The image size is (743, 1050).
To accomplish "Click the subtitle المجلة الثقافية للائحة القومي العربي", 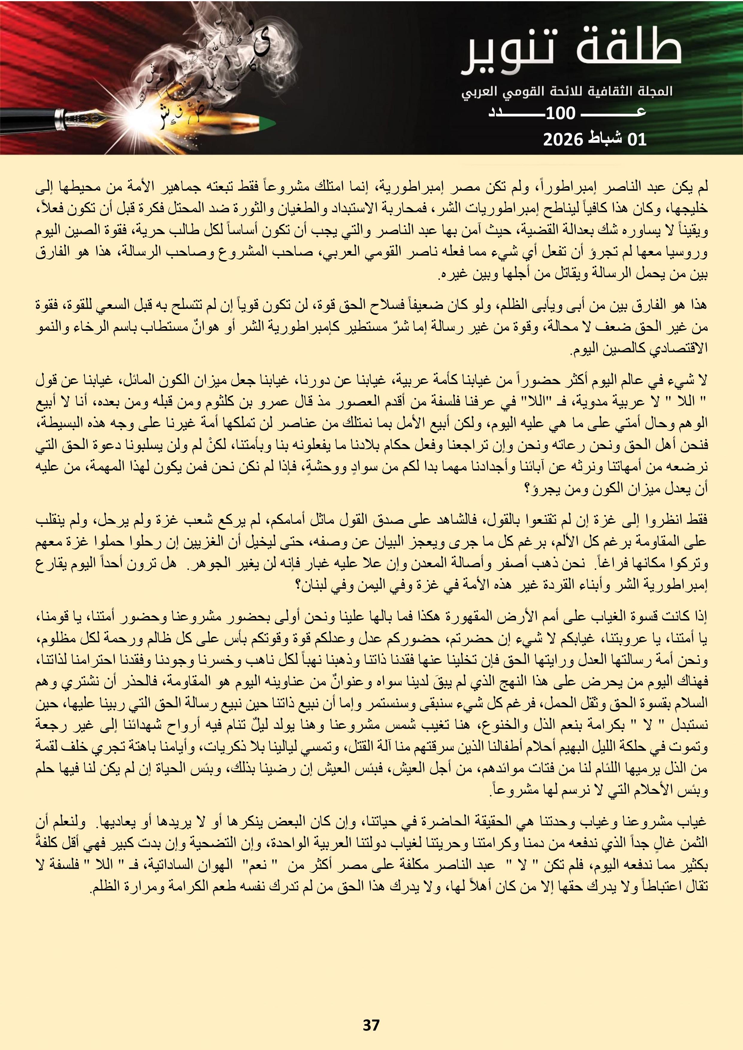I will pyautogui.click(x=567, y=91).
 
